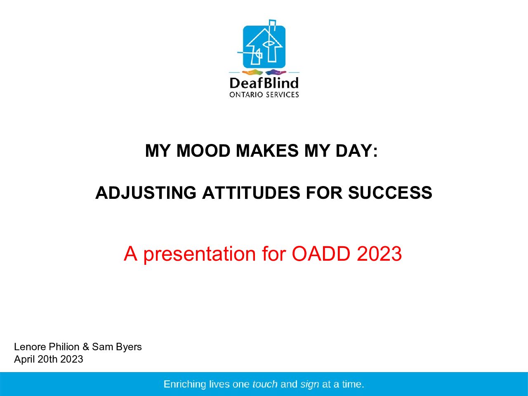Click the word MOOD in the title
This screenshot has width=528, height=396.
click(203, 151)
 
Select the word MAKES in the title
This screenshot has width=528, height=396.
click(267, 151)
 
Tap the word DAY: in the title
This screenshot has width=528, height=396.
click(357, 151)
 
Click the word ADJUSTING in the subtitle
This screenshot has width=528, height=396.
click(146, 193)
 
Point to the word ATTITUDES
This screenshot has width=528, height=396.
click(251, 193)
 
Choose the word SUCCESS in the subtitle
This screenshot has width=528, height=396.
click(390, 193)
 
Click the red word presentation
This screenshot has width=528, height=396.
click(200, 254)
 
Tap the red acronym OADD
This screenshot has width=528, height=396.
click(321, 254)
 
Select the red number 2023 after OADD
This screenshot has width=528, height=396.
click(379, 254)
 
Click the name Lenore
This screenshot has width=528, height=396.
click(30, 347)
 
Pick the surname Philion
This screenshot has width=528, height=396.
click(64, 347)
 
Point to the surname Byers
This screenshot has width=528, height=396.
click(129, 347)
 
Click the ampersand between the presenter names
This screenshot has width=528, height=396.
click(86, 347)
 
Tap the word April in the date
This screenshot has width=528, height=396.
click(24, 360)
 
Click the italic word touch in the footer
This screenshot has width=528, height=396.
click(265, 384)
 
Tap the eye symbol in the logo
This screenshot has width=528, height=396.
click(268, 44)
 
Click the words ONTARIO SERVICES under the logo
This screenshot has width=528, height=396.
click(264, 94)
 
